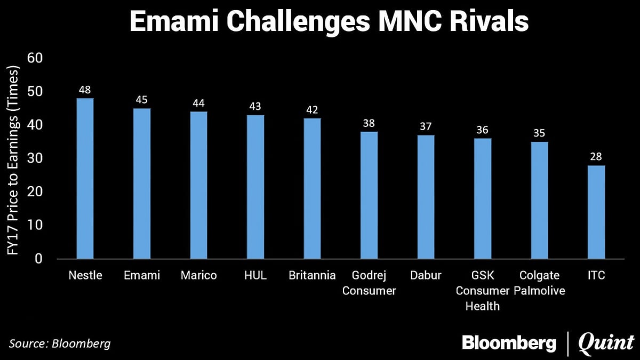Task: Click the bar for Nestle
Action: [x=85, y=179]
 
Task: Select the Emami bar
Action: [x=142, y=183]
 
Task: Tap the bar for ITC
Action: [x=596, y=212]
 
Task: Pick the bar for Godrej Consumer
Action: [x=369, y=195]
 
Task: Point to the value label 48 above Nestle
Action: [x=85, y=90]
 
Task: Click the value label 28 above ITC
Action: [x=596, y=157]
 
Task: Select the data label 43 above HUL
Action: [x=255, y=107]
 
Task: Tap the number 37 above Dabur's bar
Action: [x=426, y=126]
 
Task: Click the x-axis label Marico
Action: [x=198, y=276]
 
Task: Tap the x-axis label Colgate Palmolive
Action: [x=540, y=283]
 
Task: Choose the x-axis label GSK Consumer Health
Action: [x=483, y=291]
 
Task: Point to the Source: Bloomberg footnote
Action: [x=60, y=343]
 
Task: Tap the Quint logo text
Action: [x=606, y=342]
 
